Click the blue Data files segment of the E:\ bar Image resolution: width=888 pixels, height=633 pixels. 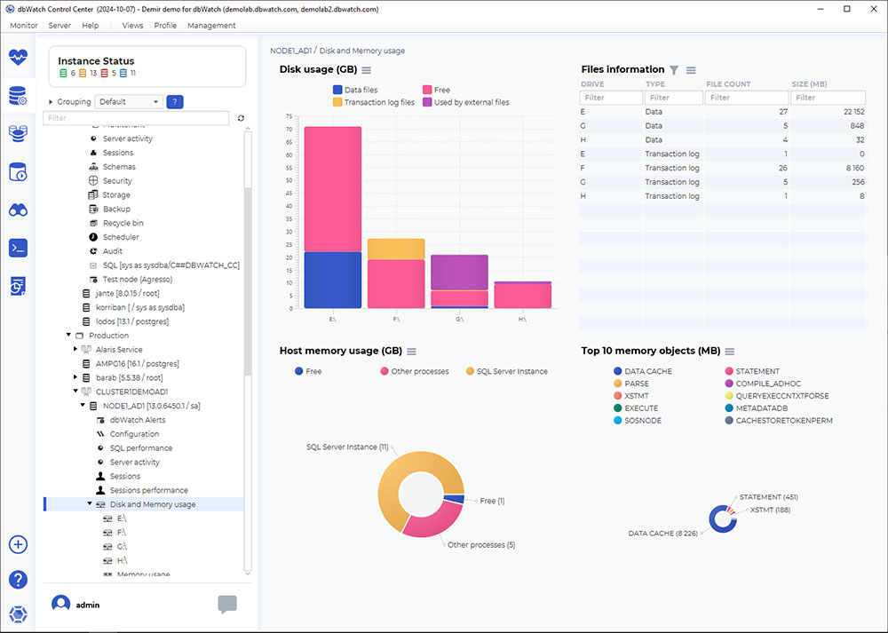pyautogui.click(x=332, y=280)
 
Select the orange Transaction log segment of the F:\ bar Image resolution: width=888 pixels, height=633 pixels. pyautogui.click(x=396, y=249)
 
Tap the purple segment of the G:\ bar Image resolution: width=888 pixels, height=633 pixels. pyautogui.click(x=459, y=273)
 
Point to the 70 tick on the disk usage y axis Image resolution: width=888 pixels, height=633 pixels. pyautogui.click(x=289, y=130)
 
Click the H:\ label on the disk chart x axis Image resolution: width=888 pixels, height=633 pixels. pyautogui.click(x=522, y=320)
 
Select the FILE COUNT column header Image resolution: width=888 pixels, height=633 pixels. pyautogui.click(x=728, y=84)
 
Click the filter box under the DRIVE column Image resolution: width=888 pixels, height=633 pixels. pyautogui.click(x=611, y=98)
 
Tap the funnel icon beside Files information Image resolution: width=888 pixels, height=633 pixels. pyautogui.click(x=674, y=70)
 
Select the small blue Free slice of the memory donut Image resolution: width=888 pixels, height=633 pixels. pyautogui.click(x=458, y=500)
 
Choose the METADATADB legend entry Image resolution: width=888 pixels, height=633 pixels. pyautogui.click(x=754, y=408)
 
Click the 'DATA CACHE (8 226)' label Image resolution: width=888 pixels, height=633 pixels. pyautogui.click(x=663, y=534)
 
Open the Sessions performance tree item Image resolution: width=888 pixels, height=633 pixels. pyautogui.click(x=148, y=490)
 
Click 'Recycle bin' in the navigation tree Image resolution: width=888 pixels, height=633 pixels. pyautogui.click(x=123, y=223)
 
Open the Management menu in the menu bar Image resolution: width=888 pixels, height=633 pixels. pyautogui.click(x=211, y=26)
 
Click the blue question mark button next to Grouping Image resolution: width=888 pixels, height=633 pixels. pyautogui.click(x=175, y=102)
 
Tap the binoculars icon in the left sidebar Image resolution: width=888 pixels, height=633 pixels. pyautogui.click(x=18, y=210)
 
